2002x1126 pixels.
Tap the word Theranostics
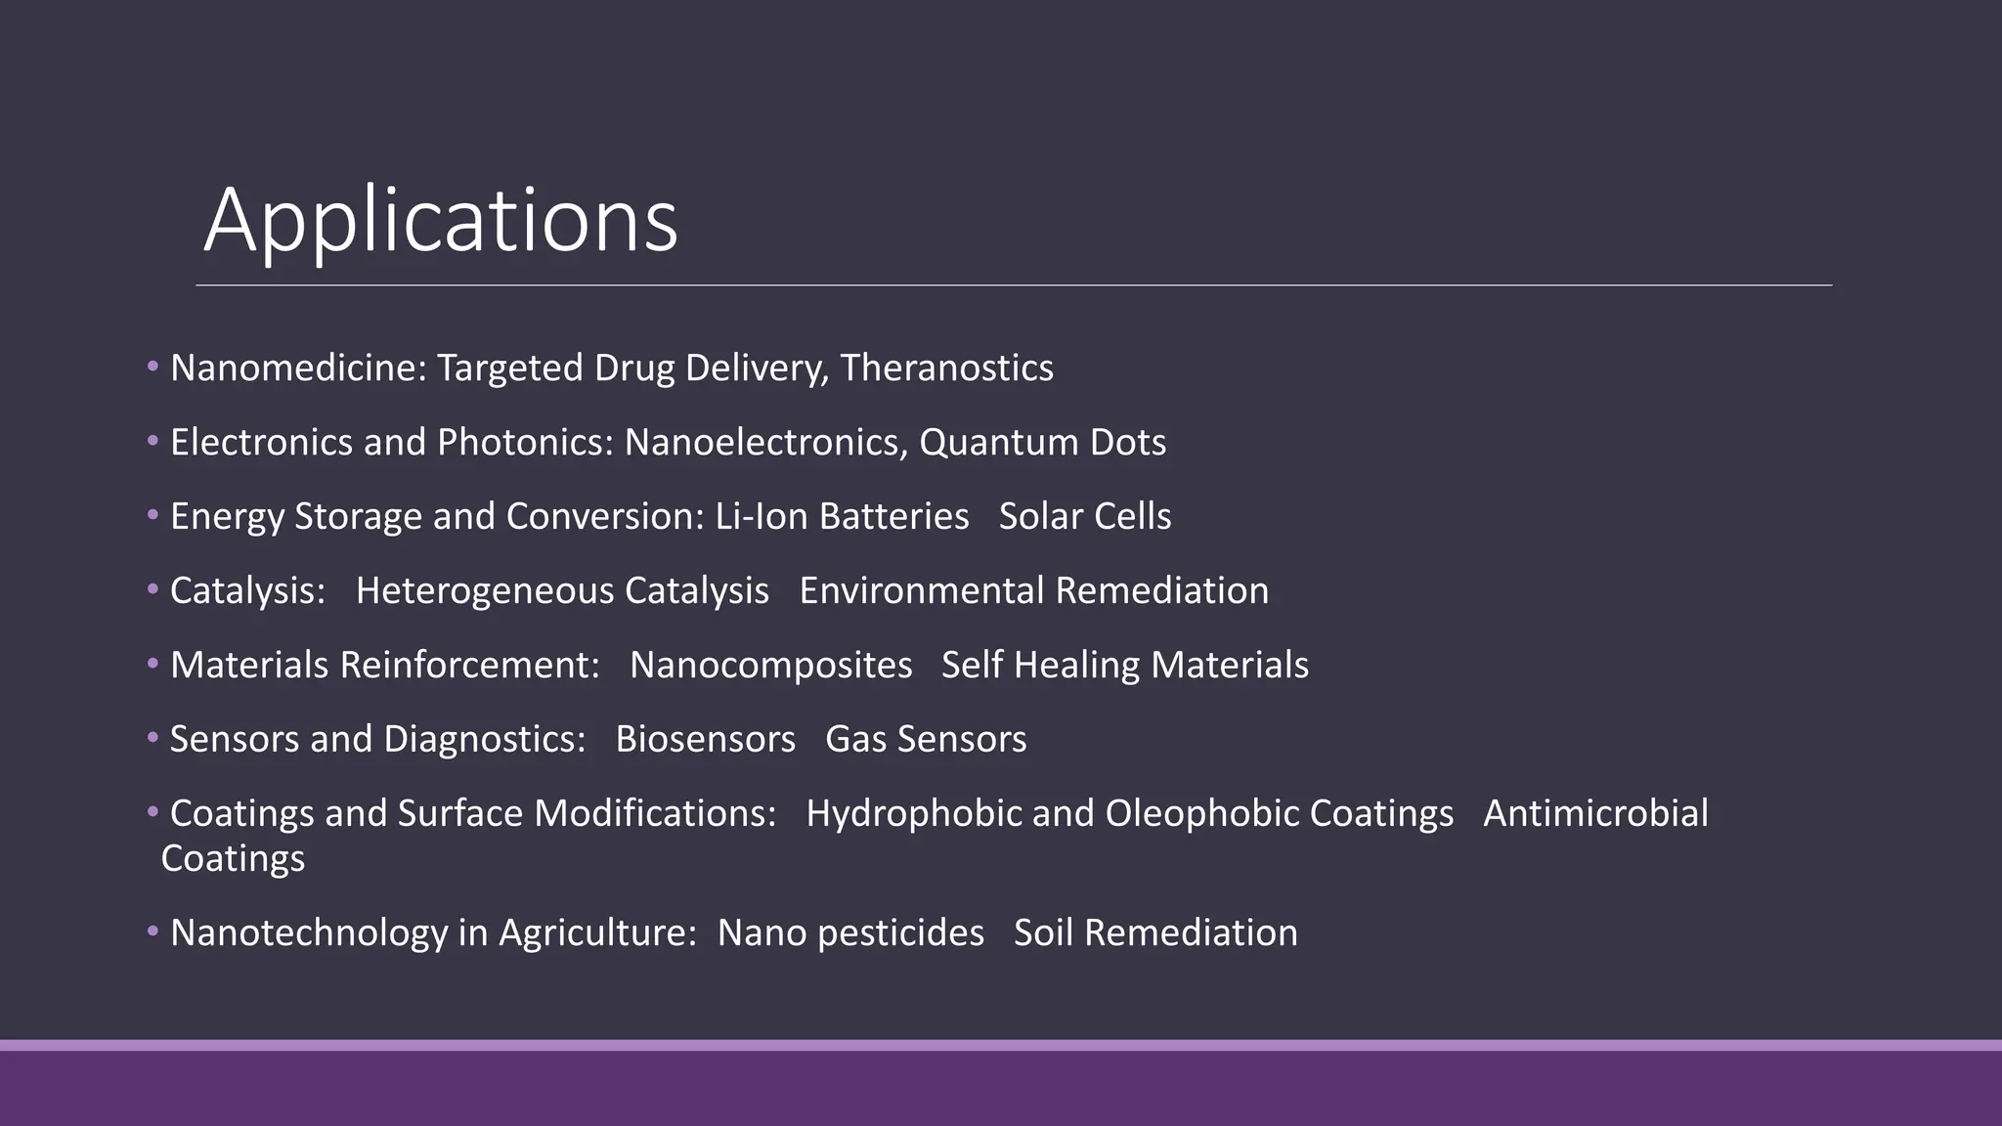point(946,368)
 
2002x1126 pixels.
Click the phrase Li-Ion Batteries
point(842,517)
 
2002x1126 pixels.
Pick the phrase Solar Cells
point(1084,517)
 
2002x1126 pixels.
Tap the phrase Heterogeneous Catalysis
point(562,591)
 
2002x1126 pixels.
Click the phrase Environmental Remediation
point(1033,591)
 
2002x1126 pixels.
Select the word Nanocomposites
point(770,666)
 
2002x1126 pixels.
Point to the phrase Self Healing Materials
point(1124,666)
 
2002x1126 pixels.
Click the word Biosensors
point(705,740)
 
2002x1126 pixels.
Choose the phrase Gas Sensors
point(925,740)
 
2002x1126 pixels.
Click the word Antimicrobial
point(1595,814)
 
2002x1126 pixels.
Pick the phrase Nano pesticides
point(850,933)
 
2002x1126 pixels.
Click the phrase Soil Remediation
point(1155,933)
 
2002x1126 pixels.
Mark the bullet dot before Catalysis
point(152,589)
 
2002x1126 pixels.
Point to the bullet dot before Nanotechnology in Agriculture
point(152,931)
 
